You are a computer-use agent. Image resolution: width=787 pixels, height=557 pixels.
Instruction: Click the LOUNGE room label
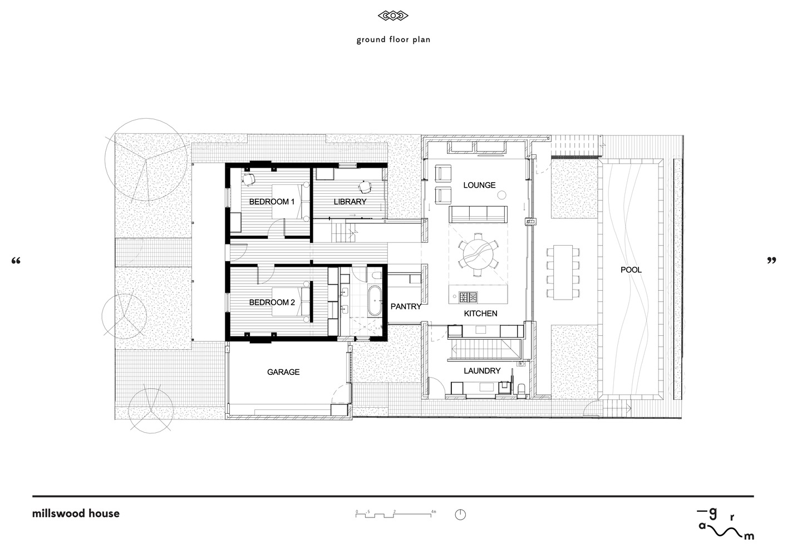pos(479,185)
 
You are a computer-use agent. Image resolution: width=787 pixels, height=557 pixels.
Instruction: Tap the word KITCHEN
pos(480,313)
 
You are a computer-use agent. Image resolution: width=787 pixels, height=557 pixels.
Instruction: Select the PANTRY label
pos(406,306)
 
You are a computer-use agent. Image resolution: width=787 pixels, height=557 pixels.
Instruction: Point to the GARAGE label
pos(283,372)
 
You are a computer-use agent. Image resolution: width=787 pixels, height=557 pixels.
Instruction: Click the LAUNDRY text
pos(482,370)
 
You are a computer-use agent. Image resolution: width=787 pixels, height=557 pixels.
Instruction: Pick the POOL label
pos(631,270)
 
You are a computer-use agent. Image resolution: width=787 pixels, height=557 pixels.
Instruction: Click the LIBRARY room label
pos(350,202)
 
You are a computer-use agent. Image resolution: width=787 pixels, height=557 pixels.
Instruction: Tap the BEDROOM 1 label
pos(272,202)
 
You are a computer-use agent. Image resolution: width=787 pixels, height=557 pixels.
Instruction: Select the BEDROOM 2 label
pos(272,302)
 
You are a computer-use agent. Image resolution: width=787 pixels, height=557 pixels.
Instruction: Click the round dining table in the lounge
pos(478,254)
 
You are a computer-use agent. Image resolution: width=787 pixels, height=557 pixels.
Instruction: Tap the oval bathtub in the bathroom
pos(374,301)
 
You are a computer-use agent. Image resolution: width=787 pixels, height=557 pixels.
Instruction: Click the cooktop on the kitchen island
pos(469,297)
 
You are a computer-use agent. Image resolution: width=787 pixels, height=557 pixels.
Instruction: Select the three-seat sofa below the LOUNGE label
pos(478,214)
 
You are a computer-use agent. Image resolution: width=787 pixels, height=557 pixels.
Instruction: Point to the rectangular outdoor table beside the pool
pos(563,272)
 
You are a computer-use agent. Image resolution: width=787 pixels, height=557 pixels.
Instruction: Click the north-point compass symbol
pos(460,515)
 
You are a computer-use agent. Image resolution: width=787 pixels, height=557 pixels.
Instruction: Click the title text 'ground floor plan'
pos(393,40)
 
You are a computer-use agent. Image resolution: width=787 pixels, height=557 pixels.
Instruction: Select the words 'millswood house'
pos(76,514)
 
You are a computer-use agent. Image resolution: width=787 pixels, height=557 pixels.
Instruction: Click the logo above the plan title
pos(393,16)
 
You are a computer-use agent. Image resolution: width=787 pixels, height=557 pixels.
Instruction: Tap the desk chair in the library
pos(365,187)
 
